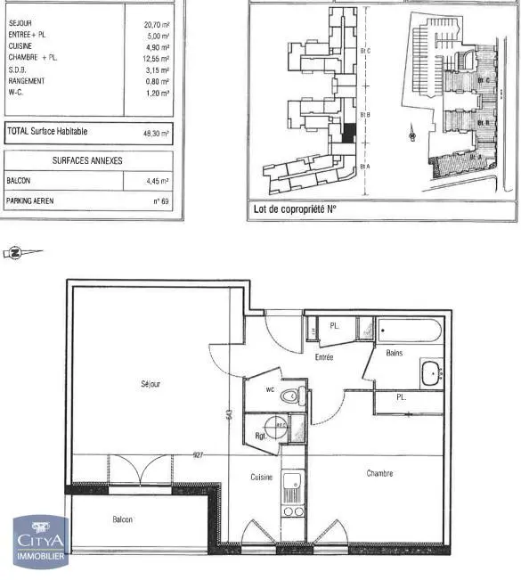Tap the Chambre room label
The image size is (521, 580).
(379, 473)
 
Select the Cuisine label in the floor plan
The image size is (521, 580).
(261, 478)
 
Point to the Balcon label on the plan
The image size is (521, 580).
(123, 519)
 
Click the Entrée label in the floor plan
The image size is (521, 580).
(323, 357)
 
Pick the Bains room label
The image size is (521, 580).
(395, 354)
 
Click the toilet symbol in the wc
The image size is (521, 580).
(289, 396)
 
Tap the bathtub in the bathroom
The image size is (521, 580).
(409, 331)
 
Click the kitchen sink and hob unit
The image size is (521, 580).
(292, 494)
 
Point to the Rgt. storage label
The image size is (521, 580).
(261, 437)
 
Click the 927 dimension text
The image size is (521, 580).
(198, 454)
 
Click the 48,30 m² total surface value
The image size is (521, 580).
(157, 132)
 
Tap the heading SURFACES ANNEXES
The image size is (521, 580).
(87, 160)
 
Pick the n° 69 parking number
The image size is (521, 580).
(160, 201)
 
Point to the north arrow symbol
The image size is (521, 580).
(15, 254)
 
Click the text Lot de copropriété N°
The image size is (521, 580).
(296, 212)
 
